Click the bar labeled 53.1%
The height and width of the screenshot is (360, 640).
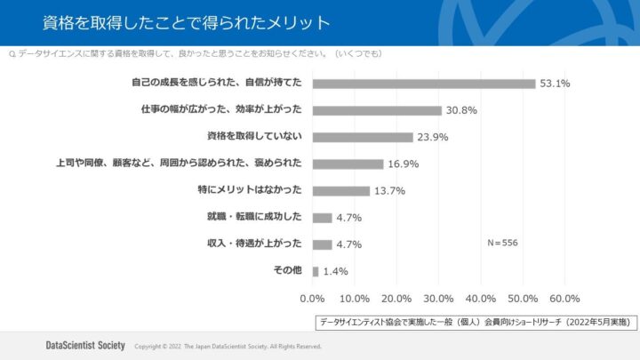[x=424, y=84]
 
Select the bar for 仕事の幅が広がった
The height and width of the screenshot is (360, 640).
[x=377, y=110]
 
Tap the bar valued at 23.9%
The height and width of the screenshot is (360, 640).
[x=363, y=137]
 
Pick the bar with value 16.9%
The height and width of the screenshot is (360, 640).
[x=348, y=164]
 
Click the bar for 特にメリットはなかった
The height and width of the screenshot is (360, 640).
[x=340, y=190]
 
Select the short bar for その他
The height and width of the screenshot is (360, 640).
[x=316, y=271]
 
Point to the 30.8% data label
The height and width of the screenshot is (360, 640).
[x=462, y=110]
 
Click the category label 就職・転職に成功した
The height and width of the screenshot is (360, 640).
[x=255, y=217]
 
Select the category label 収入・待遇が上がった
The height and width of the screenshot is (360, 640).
[x=255, y=244]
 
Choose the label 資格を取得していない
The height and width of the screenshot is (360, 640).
[x=255, y=137]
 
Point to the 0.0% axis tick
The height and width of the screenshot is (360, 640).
[x=313, y=299]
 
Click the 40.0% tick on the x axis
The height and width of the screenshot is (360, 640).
[x=481, y=299]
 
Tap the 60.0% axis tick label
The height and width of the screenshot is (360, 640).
[x=564, y=299]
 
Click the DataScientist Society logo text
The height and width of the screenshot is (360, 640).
[x=85, y=345]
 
